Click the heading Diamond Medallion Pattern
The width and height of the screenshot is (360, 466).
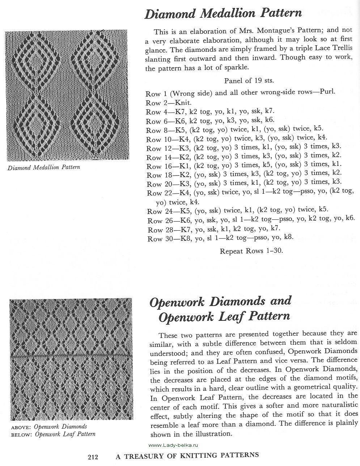click(x=223, y=14)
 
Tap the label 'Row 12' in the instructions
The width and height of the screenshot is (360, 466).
click(x=154, y=148)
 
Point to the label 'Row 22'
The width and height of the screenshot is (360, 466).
click(x=155, y=193)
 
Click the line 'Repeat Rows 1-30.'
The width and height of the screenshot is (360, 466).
click(x=251, y=251)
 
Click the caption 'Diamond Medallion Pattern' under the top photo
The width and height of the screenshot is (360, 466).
click(x=43, y=167)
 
